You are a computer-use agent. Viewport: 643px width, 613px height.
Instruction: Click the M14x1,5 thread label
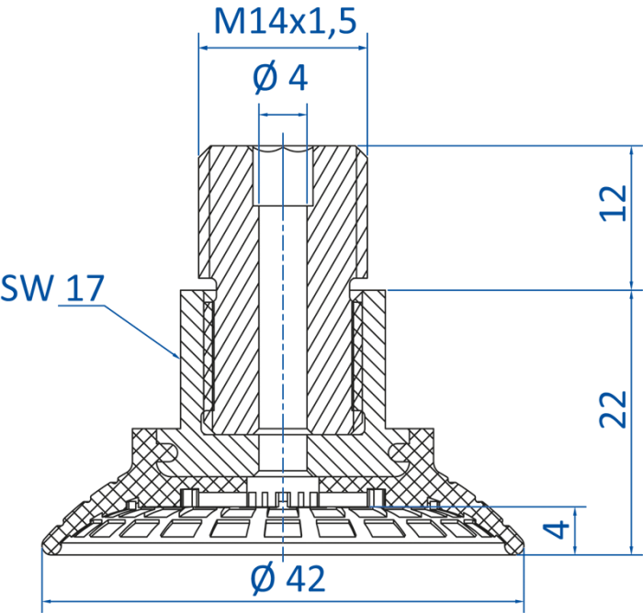[285, 21]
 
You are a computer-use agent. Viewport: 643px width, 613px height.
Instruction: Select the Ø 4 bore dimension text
[280, 78]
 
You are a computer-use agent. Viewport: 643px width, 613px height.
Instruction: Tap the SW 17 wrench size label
[52, 288]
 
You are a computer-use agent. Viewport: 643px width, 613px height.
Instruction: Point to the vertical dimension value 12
[614, 204]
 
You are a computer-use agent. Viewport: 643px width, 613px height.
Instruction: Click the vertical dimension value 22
[614, 410]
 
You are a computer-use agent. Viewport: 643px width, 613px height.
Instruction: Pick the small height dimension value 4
[556, 529]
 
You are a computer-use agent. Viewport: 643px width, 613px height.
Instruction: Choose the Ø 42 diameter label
[288, 578]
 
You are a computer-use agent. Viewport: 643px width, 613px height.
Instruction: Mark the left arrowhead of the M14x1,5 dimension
[204, 48]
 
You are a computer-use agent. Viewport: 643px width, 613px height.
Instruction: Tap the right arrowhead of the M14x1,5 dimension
[362, 48]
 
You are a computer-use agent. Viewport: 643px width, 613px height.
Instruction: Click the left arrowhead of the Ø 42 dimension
[48, 601]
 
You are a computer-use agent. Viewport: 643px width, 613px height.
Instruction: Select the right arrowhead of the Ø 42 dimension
[519, 601]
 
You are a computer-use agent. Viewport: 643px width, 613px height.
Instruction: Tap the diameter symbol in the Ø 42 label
[263, 579]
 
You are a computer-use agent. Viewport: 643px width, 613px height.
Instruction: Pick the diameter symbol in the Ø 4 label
[265, 78]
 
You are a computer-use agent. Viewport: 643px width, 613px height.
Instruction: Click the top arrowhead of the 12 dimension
[631, 150]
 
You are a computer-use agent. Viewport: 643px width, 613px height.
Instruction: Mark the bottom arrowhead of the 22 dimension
[631, 550]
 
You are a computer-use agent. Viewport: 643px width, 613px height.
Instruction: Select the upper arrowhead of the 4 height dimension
[575, 512]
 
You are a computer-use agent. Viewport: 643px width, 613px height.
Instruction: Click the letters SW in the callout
[27, 288]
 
